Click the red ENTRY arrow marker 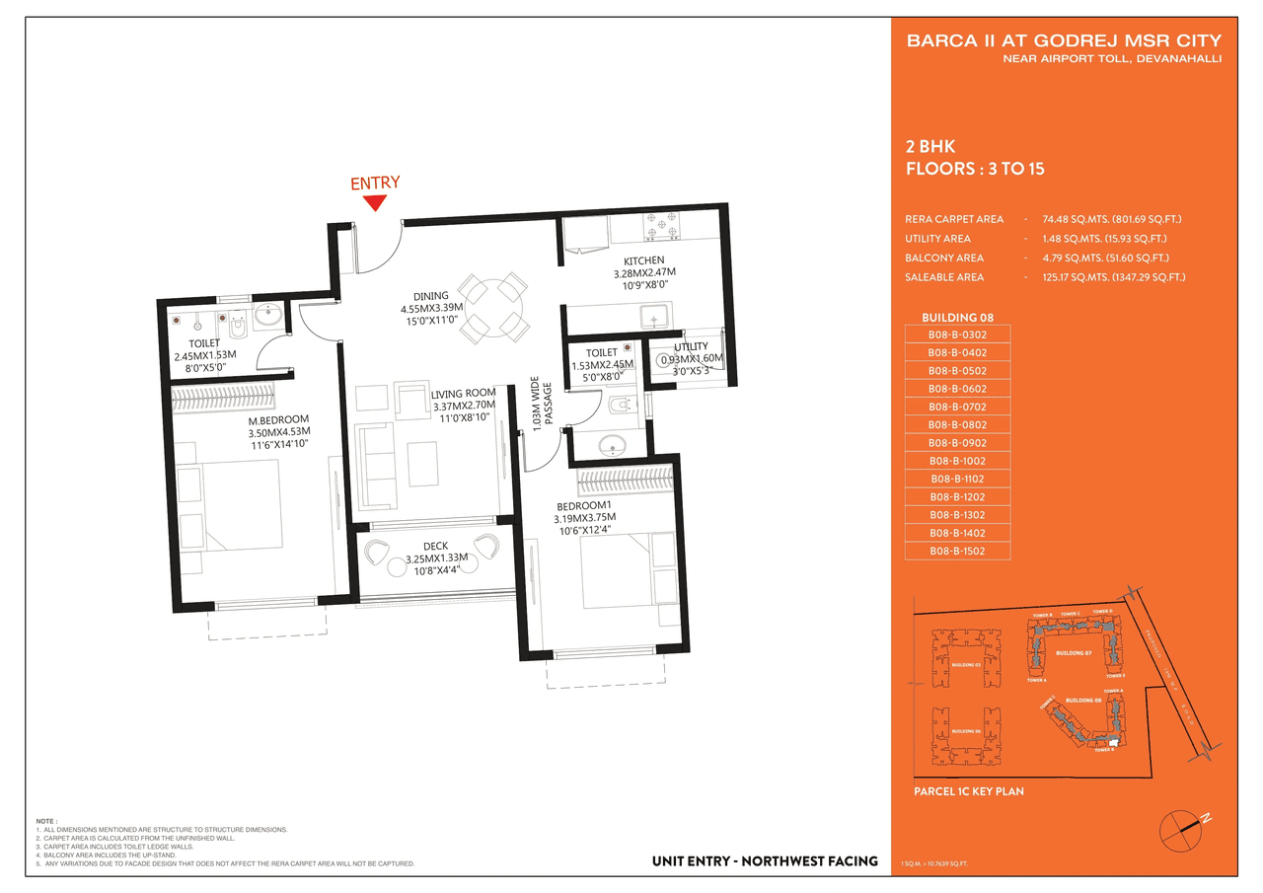click(374, 203)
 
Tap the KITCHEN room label click(643, 260)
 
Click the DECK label click(436, 546)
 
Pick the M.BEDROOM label click(279, 418)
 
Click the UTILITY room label click(691, 347)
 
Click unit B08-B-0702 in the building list click(957, 407)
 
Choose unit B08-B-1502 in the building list click(957, 551)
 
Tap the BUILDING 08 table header click(957, 318)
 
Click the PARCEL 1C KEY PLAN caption click(969, 791)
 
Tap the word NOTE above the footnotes click(45, 821)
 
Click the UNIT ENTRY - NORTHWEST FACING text click(765, 861)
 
